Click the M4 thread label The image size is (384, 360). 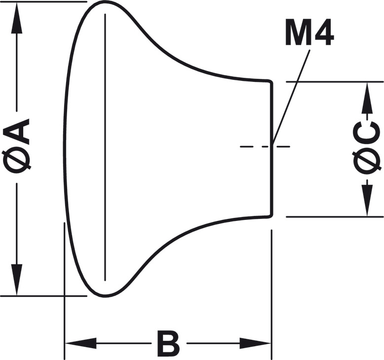coord(309,33)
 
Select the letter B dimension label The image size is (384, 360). coord(168,344)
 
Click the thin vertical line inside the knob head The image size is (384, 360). coord(105,148)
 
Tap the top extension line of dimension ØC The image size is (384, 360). coord(336,81)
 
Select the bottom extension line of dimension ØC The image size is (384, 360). coord(336,216)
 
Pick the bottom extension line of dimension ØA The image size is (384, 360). coord(39,296)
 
